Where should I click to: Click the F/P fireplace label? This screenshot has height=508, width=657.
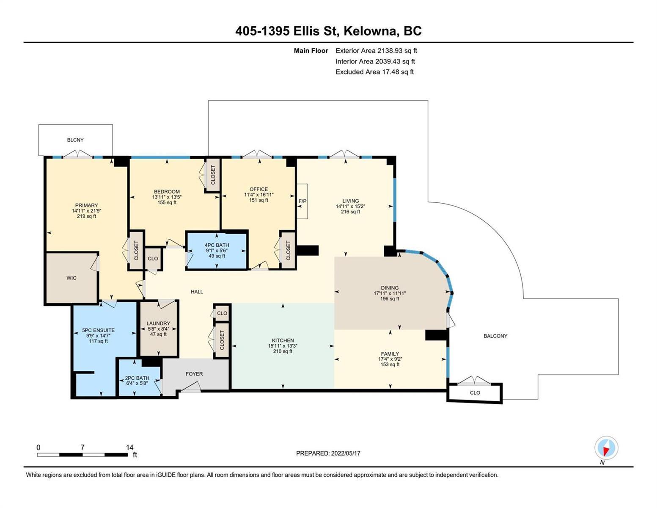[x=302, y=201]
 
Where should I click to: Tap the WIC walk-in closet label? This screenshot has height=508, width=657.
[x=71, y=278]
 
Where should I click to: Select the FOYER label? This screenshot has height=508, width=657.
[x=194, y=374]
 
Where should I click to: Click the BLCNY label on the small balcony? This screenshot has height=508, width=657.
[x=75, y=140]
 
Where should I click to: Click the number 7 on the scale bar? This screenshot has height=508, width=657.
[x=82, y=447]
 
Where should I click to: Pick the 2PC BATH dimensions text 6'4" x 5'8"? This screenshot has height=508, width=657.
[x=137, y=384]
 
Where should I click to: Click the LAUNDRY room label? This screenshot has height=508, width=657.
[x=158, y=323]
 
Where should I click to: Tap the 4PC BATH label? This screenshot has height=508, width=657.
[x=217, y=245]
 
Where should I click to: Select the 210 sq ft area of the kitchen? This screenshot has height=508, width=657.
[x=283, y=351]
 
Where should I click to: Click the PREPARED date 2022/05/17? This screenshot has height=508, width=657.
[x=346, y=453]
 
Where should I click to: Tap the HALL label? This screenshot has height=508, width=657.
[x=197, y=292]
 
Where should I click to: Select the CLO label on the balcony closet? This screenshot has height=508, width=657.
[x=475, y=393]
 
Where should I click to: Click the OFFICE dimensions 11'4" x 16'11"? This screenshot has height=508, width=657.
[x=259, y=195]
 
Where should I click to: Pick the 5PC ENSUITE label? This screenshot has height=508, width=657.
[x=98, y=330]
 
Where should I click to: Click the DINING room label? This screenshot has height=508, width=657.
[x=390, y=288]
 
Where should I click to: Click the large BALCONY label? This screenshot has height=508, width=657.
[x=495, y=336]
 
